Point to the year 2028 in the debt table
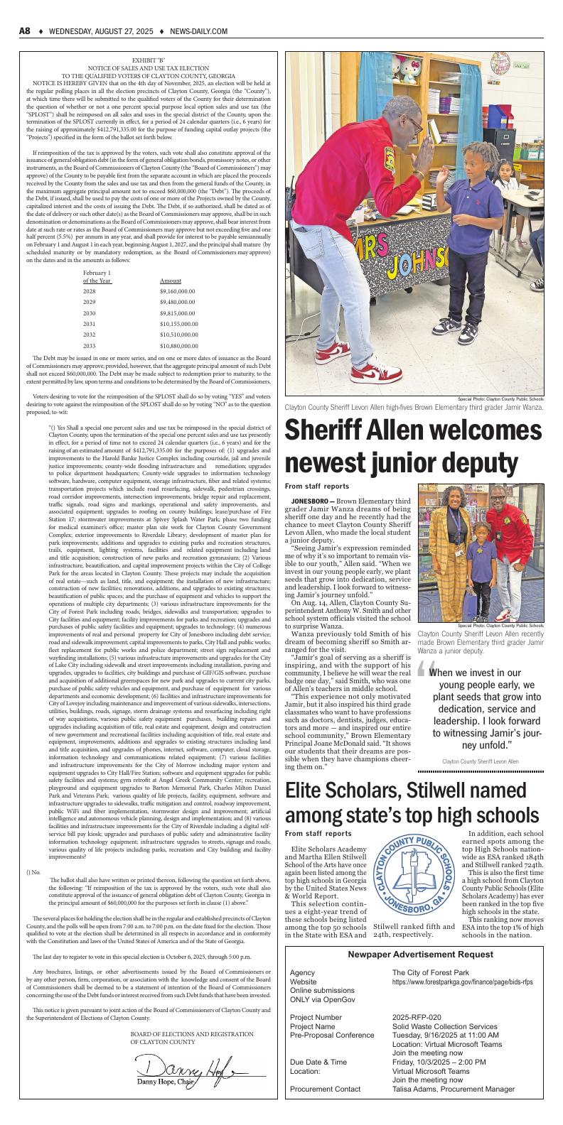click(x=89, y=291)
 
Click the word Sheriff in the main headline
click(x=330, y=433)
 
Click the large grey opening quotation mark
click(x=424, y=670)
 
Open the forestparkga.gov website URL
click(x=462, y=982)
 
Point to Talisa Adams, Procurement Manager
click(x=453, y=1089)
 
